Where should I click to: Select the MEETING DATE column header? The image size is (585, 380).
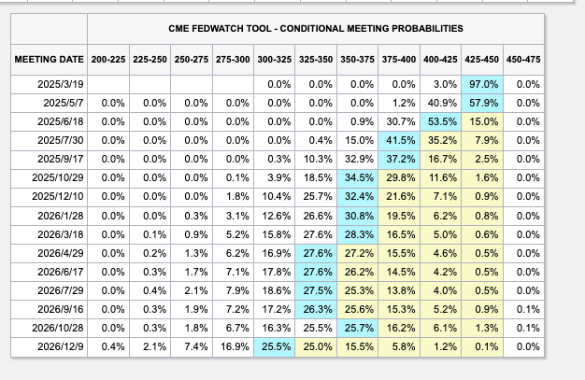tap(49, 61)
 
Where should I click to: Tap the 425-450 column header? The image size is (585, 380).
tap(484, 61)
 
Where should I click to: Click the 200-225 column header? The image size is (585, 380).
tap(109, 61)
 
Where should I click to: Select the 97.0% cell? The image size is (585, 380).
tap(483, 85)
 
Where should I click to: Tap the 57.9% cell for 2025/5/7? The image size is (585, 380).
tap(483, 104)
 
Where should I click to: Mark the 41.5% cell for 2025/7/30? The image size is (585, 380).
tap(400, 141)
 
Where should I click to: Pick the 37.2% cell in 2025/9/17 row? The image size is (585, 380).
tap(400, 160)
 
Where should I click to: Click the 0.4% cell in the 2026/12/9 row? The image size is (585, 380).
tap(110, 346)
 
